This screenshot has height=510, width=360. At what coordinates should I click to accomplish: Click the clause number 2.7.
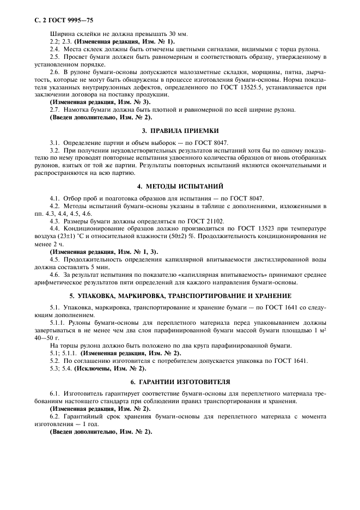pos(54,110)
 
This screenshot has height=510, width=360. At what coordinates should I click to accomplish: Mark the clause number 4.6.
pos(54,275)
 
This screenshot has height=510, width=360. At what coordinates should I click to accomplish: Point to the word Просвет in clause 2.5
pos(76,57)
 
